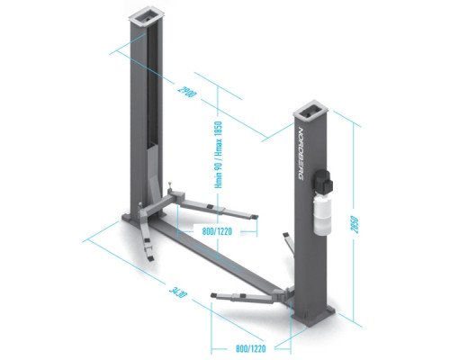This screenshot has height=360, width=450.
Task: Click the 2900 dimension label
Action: tap(187, 92)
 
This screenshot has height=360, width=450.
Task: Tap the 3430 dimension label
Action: tap(178, 292)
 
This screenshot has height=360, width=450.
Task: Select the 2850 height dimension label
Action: tap(355, 224)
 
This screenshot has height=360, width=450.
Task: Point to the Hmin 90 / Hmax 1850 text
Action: tap(219, 155)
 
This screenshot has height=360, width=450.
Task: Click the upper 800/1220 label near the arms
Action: tap(217, 231)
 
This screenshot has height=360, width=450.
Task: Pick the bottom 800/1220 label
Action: tap(251, 348)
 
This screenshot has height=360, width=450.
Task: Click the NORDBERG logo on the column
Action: tap(301, 154)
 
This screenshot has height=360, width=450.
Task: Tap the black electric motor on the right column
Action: tap(322, 182)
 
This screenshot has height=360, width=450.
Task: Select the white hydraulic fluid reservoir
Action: tap(321, 214)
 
